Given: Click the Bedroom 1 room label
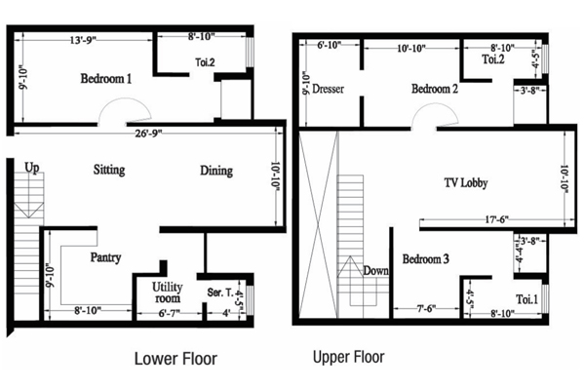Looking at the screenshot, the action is pos(106,79).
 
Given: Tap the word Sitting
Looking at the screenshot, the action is pos(109,171).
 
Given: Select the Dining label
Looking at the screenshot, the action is pos(216,171).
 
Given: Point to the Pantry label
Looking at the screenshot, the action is pos(105,257).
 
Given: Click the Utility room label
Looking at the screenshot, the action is pos(167,292).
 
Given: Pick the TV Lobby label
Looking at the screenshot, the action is pos(466,183).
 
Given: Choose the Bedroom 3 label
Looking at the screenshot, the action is pos(425,259).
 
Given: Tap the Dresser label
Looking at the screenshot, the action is pos(328,89).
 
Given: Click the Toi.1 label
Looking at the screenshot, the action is pos(526,299).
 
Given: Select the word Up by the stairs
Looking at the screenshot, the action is pos(32,168).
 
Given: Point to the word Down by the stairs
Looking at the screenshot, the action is pos(375,271).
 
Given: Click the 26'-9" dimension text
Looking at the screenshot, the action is pos(148,134).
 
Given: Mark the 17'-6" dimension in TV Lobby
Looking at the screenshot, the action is pos(496,219).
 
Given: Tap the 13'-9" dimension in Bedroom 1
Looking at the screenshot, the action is pos(83,40).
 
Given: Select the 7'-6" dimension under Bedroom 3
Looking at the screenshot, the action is pos(426,309).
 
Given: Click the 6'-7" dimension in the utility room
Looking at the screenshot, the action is pos(169,314).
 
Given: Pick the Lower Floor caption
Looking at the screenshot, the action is pos(175,359).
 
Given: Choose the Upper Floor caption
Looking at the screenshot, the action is pos(348,357).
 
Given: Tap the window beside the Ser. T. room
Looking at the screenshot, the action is pos(250,299).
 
